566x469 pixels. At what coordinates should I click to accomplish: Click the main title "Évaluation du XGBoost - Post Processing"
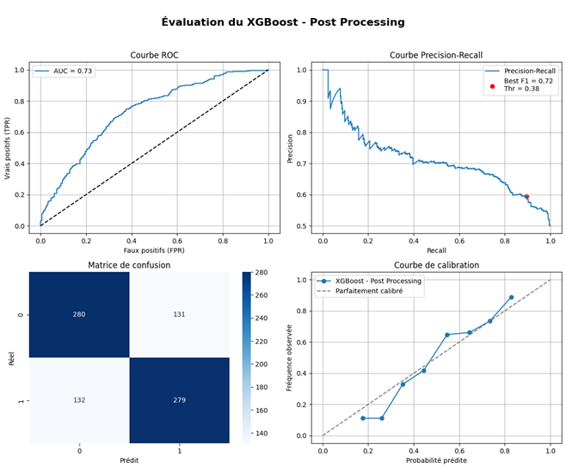(282, 22)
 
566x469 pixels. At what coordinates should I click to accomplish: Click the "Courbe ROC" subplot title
(154, 54)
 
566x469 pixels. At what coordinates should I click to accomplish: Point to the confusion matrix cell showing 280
(79, 314)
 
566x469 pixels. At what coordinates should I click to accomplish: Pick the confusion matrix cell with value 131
(179, 314)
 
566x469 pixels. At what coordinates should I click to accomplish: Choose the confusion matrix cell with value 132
(79, 400)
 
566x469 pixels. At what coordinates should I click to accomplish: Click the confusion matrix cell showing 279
(179, 400)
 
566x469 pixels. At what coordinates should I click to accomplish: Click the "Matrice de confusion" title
(129, 265)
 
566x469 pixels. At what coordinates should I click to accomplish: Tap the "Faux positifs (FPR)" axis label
(154, 250)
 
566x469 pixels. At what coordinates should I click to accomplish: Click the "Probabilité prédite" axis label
(436, 460)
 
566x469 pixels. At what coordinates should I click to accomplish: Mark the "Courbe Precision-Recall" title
(436, 54)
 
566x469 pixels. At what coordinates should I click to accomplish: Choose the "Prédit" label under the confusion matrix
(129, 460)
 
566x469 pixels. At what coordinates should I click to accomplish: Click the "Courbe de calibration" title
(436, 265)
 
